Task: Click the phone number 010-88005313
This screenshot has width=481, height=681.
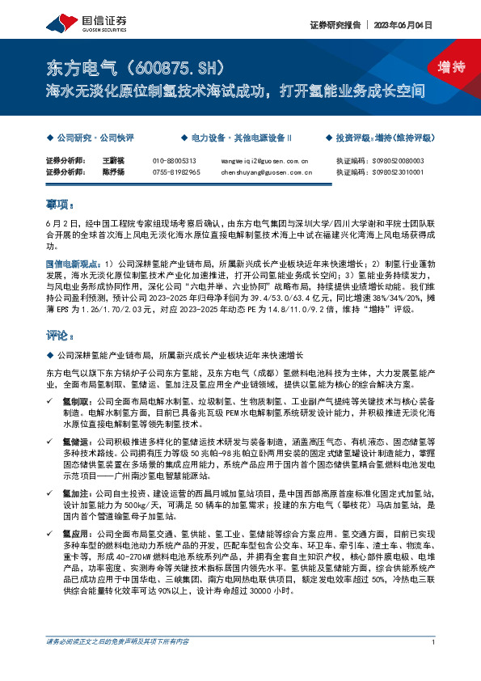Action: click(175, 161)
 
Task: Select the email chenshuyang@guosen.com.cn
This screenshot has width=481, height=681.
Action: click(266, 172)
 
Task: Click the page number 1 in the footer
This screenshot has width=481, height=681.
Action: click(434, 666)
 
